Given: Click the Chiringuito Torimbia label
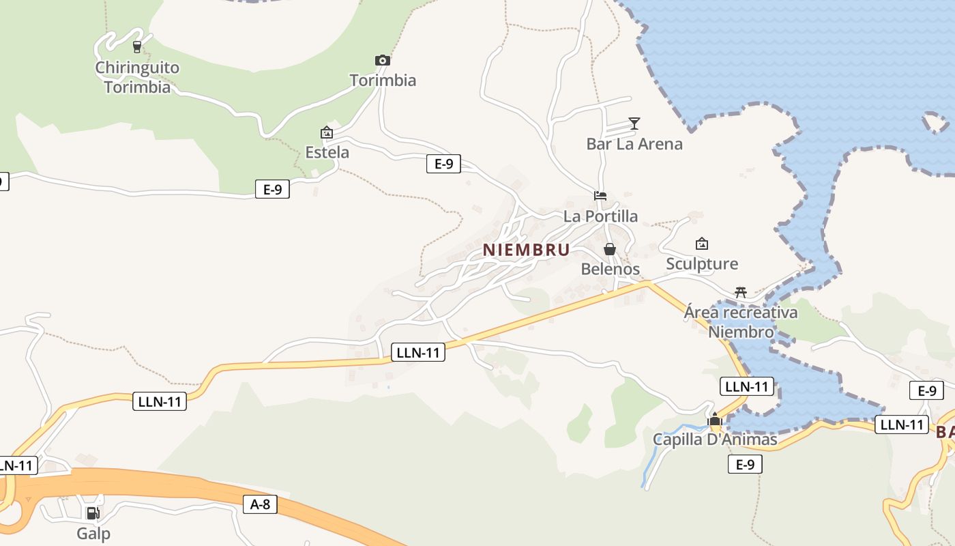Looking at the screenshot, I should click(x=137, y=77).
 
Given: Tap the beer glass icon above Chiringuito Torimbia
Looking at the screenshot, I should click(x=137, y=47).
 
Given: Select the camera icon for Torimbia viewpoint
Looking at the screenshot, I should click(x=383, y=60).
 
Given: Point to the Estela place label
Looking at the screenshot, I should click(x=327, y=152).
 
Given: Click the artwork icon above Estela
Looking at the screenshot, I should click(x=327, y=132).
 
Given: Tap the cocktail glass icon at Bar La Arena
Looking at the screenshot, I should click(x=634, y=124).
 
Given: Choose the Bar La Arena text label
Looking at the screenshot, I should click(x=634, y=144).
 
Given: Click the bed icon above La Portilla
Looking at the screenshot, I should click(x=600, y=196).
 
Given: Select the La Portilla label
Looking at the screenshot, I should click(x=601, y=216).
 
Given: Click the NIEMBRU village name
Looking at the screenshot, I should click(x=526, y=250).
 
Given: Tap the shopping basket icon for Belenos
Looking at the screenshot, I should click(x=610, y=249).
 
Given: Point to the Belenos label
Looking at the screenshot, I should click(x=611, y=269).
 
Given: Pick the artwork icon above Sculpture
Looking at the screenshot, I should click(x=702, y=244).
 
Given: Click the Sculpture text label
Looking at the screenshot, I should click(x=702, y=264).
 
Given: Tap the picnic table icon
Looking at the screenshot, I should click(x=741, y=292).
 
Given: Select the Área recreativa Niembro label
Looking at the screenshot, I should click(x=741, y=322).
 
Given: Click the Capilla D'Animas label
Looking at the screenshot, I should click(x=715, y=440).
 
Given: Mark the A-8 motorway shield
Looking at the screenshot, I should click(x=260, y=504).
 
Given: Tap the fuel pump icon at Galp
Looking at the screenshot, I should click(x=92, y=513).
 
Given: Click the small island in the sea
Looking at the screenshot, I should click(x=935, y=124).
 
